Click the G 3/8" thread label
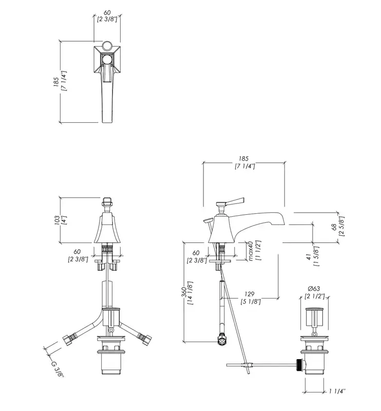(x=58, y=369)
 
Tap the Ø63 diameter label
(x=314, y=289)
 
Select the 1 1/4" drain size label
(x=337, y=391)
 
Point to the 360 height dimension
(x=185, y=292)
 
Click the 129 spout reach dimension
(x=250, y=294)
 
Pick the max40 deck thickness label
(x=250, y=251)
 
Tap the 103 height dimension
(x=56, y=221)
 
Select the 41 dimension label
(x=309, y=257)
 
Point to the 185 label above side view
(x=243, y=159)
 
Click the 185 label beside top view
(x=56, y=82)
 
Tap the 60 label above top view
(x=107, y=12)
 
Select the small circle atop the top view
(x=107, y=46)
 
